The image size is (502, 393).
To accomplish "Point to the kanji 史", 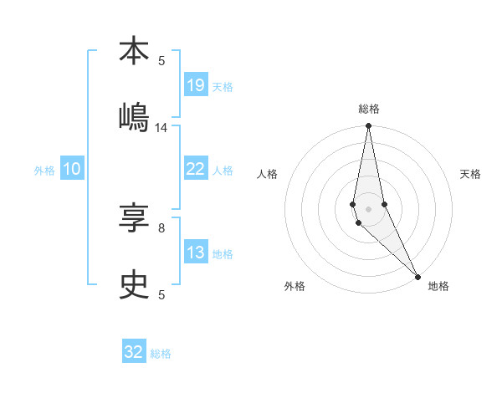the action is point(134,285).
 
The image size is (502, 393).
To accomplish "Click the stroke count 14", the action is point(161,128).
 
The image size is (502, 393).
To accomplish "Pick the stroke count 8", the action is point(161,227).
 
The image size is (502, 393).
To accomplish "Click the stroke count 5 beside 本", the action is point(161,60).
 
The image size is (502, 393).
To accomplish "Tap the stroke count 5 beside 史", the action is point(161,294).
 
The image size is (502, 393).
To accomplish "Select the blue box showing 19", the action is point(195,85).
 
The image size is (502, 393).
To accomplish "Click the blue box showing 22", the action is point(195,169).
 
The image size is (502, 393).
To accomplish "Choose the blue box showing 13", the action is point(195,253).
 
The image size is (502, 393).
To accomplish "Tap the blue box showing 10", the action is point(72,169).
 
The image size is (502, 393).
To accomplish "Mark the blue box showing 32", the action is point(134,352).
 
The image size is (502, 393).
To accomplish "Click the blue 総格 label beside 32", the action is point(161,354).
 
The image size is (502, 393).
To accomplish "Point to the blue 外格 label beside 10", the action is point(44,171).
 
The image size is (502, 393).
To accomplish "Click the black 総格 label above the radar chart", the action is point(369,109).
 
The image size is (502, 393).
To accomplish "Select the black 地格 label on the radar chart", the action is point(438,287).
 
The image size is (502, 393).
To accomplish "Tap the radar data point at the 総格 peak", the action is point(368,126).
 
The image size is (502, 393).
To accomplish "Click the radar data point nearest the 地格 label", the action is point(417,275).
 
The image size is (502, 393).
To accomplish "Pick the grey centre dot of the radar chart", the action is point(368,209).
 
